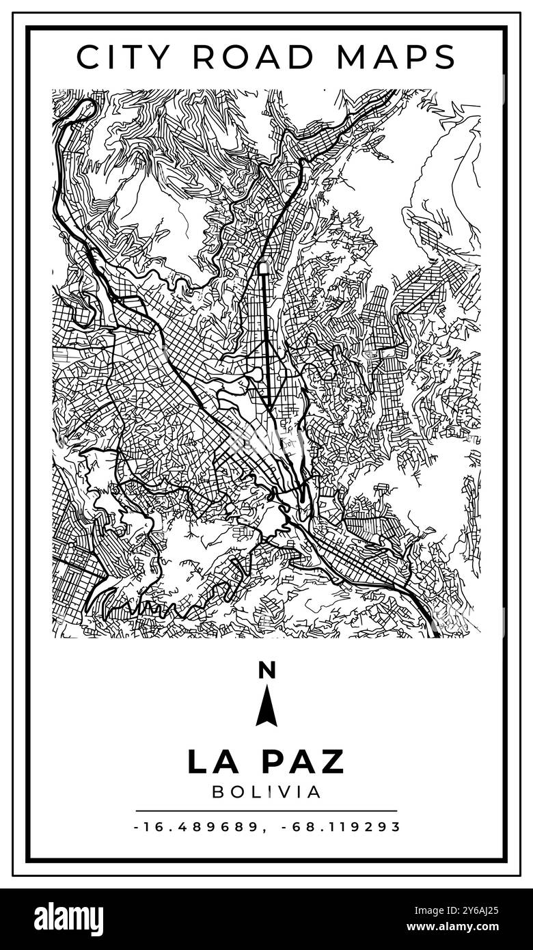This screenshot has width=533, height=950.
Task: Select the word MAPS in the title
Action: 396,57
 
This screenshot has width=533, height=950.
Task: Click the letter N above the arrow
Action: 266,670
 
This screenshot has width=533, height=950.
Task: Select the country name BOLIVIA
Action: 266,791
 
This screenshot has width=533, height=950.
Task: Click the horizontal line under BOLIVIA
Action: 266,811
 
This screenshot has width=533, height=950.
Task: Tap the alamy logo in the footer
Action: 68,919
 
